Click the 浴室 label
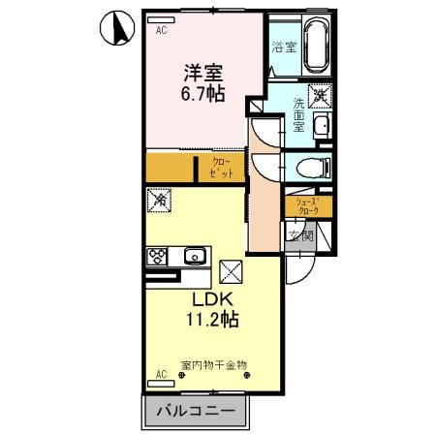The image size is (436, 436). (x=283, y=47)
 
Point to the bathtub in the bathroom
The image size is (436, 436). (x=317, y=43)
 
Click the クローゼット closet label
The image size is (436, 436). (x=222, y=168)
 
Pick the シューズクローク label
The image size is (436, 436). (x=308, y=206)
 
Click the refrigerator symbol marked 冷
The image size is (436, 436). (x=159, y=202)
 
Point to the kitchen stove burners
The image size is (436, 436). (x=156, y=257)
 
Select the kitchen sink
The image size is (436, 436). (x=194, y=257)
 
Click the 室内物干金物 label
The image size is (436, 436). (x=214, y=365)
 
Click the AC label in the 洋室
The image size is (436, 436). (x=161, y=29)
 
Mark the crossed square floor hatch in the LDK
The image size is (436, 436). (x=231, y=270)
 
